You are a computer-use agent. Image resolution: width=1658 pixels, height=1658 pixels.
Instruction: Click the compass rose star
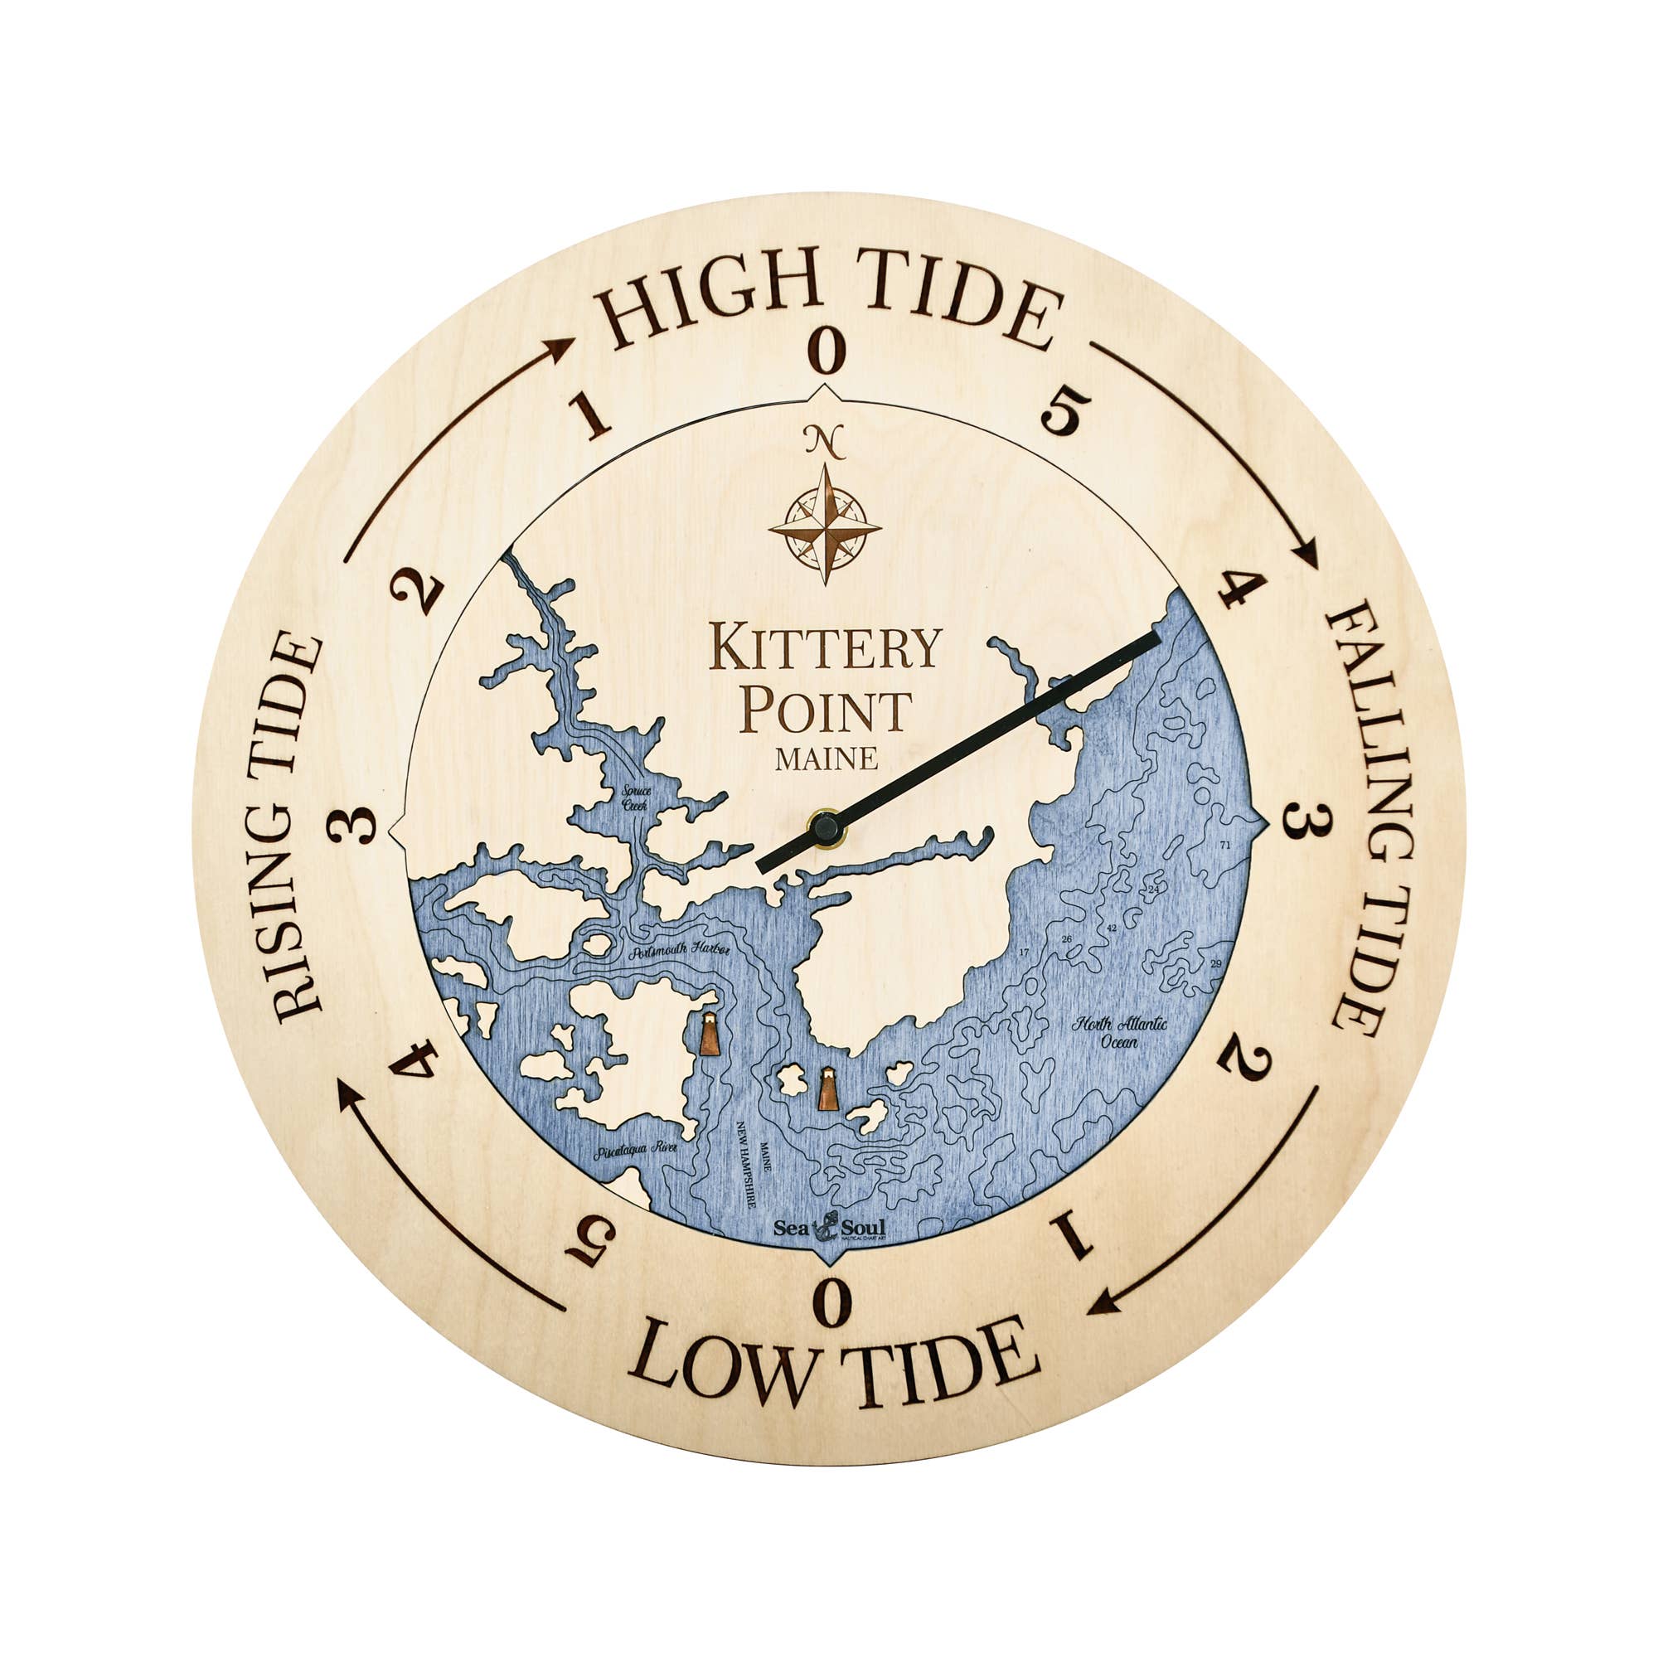tap(825, 525)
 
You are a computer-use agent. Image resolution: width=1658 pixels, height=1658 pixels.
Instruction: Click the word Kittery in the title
tap(826, 648)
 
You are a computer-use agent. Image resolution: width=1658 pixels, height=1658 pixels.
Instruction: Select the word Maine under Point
tap(827, 759)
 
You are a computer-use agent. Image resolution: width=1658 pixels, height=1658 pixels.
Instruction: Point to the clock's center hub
tap(827, 828)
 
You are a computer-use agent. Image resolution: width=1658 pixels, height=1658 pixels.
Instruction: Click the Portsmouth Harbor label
tap(678, 952)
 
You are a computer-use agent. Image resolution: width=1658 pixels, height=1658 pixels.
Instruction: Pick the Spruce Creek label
tap(636, 798)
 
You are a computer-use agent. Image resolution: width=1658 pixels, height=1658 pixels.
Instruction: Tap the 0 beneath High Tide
tap(828, 350)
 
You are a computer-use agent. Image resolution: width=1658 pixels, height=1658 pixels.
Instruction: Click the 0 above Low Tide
tap(831, 1302)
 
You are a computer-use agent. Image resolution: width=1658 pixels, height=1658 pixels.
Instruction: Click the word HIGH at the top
tap(708, 295)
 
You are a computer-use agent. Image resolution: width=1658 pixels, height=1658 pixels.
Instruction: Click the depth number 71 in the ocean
tap(1224, 846)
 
